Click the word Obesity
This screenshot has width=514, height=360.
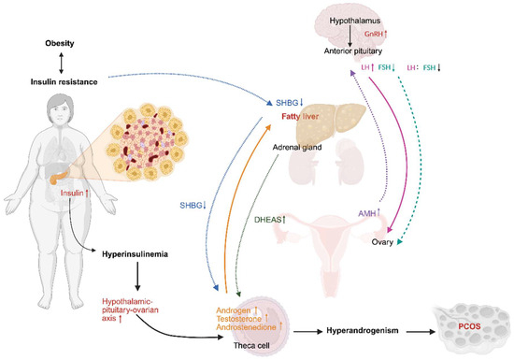tap(60, 43)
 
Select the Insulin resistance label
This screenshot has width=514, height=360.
tap(64, 81)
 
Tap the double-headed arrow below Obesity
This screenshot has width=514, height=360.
tap(61, 63)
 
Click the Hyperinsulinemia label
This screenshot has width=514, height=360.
tap(136, 254)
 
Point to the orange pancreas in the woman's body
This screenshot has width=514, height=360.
tap(58, 177)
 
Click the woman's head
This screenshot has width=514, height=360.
tap(60, 109)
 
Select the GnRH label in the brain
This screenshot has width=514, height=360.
tap(374, 34)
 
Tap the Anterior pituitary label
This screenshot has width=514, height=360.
tap(353, 51)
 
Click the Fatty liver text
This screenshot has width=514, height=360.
tap(300, 116)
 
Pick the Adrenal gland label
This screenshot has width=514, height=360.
tap(297, 148)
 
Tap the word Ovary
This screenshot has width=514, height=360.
tap(382, 242)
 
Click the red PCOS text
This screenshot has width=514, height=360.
tap(469, 326)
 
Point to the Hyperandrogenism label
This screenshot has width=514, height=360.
tap(363, 330)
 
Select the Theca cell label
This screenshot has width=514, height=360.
tap(251, 346)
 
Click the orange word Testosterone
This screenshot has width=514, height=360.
tap(239, 319)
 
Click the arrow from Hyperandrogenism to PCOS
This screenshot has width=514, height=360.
tap(421, 332)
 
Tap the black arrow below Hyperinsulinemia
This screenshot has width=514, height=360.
tap(137, 277)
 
